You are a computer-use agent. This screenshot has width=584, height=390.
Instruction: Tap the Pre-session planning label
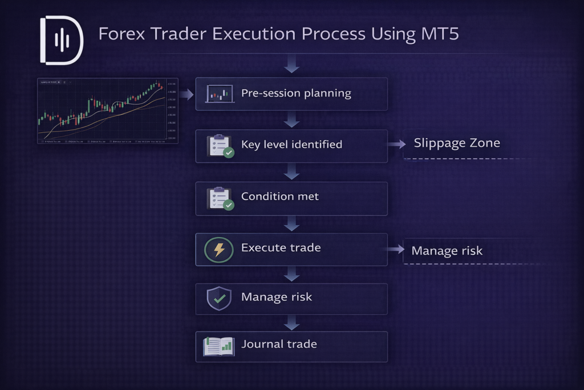(296, 93)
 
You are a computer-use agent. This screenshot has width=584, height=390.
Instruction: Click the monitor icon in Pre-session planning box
(220, 94)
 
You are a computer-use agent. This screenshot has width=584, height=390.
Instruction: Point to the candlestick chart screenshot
(107, 110)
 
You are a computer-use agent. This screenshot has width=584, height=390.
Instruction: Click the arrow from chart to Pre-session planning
(186, 94)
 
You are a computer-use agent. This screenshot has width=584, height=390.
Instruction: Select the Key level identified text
(291, 144)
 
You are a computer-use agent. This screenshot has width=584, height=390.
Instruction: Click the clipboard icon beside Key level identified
(220, 146)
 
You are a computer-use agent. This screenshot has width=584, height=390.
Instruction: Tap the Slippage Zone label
(457, 143)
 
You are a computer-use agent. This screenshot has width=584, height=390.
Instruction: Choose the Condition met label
(280, 196)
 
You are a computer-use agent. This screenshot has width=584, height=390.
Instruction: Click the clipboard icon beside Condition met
(220, 198)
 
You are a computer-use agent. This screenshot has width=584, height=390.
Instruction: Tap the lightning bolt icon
(219, 250)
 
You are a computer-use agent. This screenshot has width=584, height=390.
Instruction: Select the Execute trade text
(281, 248)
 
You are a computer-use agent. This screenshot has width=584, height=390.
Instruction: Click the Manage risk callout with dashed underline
(447, 251)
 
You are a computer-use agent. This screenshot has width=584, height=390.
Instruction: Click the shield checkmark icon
(219, 299)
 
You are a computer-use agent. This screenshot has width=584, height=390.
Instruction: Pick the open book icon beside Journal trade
(219, 345)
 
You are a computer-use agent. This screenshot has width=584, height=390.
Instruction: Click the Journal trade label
(279, 344)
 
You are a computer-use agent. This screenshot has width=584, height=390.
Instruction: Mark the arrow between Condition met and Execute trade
(291, 224)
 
